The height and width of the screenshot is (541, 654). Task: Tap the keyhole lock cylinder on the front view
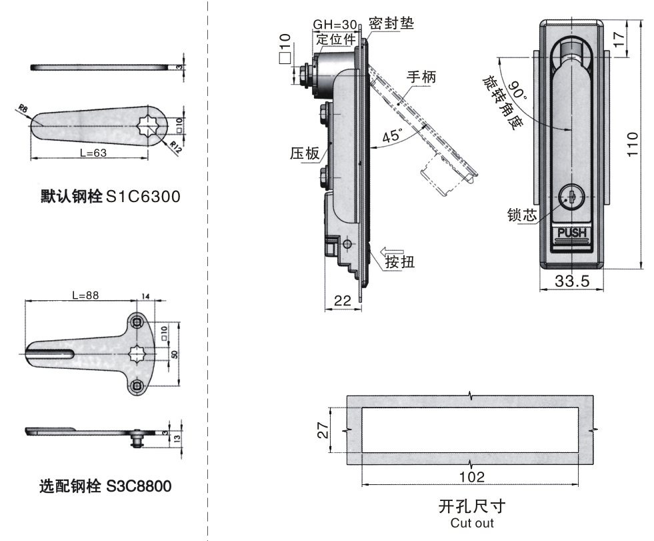pyautogui.click(x=570, y=197)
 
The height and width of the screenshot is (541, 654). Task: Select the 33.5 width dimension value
pyautogui.click(x=572, y=282)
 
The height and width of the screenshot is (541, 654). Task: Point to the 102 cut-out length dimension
pyautogui.click(x=471, y=476)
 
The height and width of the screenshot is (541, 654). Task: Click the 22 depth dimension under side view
pyautogui.click(x=343, y=301)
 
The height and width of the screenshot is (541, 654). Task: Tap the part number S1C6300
pyautogui.click(x=143, y=197)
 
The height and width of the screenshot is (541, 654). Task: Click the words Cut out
pyautogui.click(x=471, y=523)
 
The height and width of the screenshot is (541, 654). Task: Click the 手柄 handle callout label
pyautogui.click(x=421, y=77)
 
